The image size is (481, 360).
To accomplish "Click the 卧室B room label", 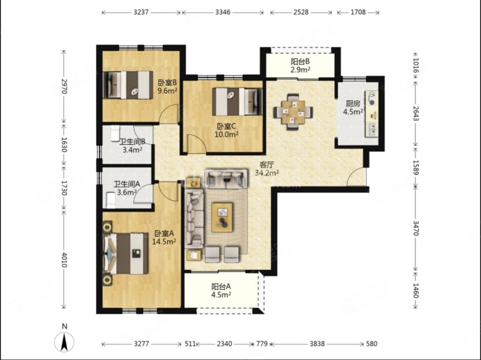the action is pos(167,83).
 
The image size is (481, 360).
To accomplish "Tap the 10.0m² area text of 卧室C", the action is pos(227,134).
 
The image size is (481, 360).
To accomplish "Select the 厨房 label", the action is pos(353,103).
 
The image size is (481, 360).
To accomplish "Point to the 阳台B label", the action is pos(300,62).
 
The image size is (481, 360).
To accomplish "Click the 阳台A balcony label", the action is pos(221,287).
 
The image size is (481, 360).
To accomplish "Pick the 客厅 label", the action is pos(266,165).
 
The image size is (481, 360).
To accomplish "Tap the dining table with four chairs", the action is pos(293,112).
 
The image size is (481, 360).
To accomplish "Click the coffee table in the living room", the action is pos(222,217).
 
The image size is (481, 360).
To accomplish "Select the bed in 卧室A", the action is pos(126,254).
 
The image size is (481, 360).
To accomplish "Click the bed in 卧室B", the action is pos(128,85).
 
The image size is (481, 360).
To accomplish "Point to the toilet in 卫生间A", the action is pos(110,200).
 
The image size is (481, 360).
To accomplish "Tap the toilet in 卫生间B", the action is pos(115,133).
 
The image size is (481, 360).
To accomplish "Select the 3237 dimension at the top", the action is pos(141,12).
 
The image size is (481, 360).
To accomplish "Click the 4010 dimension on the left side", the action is pos(64,260).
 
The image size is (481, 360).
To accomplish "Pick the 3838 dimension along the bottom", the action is pos(317,344).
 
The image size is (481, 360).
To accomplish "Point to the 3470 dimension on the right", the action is pos(415,228).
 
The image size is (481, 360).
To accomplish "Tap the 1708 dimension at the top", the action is pos(358,12).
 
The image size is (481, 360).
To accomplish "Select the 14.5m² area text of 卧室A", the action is pos(164,242).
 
